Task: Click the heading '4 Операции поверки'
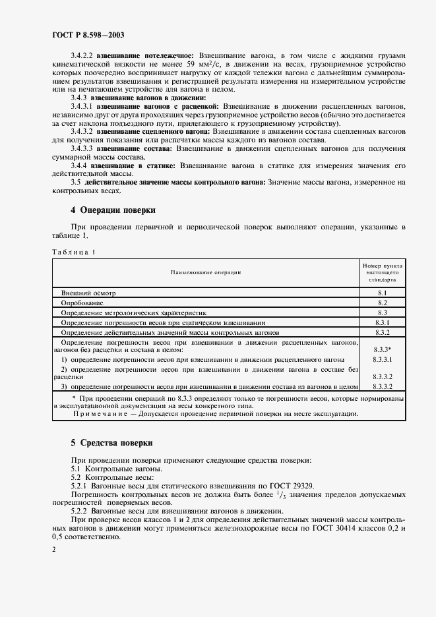pos(113,211)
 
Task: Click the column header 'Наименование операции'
pos(206,272)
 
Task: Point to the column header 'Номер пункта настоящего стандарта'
pos(383,272)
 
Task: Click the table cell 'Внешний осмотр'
pos(88,291)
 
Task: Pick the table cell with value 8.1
pos(383,291)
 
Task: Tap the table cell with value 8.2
pos(383,302)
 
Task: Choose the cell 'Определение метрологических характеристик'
pos(134,312)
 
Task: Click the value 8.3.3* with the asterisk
pos(383,349)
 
